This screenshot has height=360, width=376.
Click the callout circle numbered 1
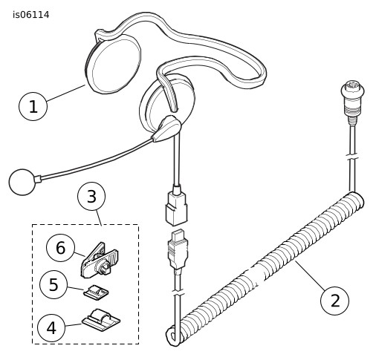pyautogui.click(x=33, y=106)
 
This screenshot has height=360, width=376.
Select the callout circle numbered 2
pyautogui.click(x=334, y=301)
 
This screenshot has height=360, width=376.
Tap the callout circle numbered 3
pyautogui.click(x=91, y=197)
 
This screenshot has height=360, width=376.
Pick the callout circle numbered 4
pyautogui.click(x=51, y=328)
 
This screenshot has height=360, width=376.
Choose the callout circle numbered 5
pyautogui.click(x=54, y=285)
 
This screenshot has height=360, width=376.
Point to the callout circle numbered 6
pyautogui.click(x=60, y=248)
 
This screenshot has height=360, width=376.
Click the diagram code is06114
pyautogui.click(x=31, y=15)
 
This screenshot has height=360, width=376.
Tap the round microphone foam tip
pyautogui.click(x=22, y=182)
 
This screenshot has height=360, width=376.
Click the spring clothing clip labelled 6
pyautogui.click(x=100, y=261)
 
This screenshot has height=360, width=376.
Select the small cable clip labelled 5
pyautogui.click(x=96, y=292)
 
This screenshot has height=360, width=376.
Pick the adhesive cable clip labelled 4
pyautogui.click(x=101, y=319)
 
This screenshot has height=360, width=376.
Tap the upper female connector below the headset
pyautogui.click(x=176, y=207)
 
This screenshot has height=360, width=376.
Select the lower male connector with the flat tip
pyautogui.click(x=178, y=250)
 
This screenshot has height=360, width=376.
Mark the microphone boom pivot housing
pyautogui.click(x=166, y=128)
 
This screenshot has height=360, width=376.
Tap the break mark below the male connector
pyautogui.click(x=178, y=292)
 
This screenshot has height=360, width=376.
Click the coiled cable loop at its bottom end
pyautogui.click(x=173, y=337)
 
